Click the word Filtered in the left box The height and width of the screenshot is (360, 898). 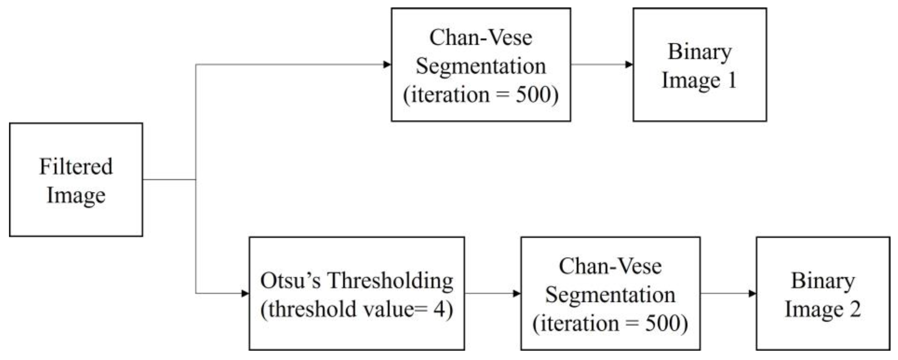76,167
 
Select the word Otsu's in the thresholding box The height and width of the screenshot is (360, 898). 290,281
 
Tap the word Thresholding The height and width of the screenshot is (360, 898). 390,281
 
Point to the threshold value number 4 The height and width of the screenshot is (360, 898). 439,309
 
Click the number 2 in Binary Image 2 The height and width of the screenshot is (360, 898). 855,309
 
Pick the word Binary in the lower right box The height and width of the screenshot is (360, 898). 823,281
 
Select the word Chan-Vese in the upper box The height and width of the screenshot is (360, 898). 481,37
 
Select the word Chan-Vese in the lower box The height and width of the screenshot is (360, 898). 611,266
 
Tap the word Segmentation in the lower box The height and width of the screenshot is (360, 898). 611,295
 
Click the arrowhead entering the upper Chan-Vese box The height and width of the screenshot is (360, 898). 387,64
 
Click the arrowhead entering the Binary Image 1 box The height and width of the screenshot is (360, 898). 629,64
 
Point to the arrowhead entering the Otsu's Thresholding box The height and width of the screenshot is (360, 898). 245,293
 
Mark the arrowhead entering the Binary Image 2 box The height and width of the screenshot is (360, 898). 752,293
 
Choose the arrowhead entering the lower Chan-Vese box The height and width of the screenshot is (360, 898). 517,293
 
